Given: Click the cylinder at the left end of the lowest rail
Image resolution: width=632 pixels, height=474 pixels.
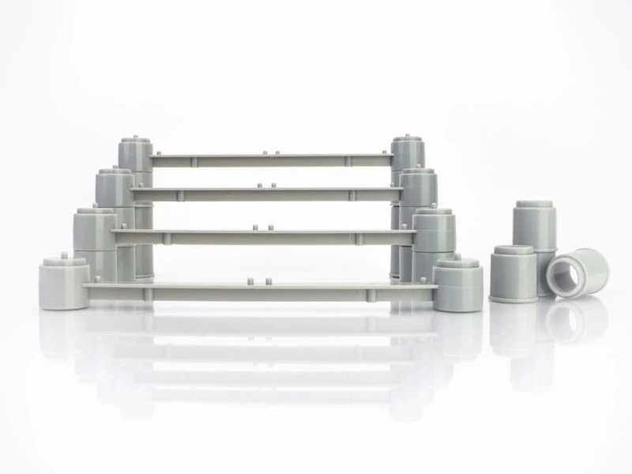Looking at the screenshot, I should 63,284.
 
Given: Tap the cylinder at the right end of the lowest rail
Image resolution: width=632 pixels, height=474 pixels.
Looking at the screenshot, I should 457,286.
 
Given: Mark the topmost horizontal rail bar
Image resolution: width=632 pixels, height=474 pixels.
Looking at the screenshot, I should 269,160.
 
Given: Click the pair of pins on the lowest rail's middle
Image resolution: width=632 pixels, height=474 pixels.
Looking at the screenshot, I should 259,280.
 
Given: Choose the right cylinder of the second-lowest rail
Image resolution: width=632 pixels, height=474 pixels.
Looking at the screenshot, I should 434,231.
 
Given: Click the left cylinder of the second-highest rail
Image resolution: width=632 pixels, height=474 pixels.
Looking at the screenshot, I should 115,187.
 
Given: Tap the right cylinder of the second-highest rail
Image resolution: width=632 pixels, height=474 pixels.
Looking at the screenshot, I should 418,188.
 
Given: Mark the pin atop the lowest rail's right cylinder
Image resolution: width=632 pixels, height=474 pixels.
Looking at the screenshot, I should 457,257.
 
